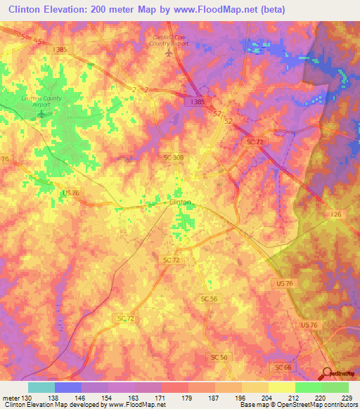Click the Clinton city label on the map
181,202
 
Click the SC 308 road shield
172,157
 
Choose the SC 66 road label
281,368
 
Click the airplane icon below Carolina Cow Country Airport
167,53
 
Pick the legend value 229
347,397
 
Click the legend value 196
240,397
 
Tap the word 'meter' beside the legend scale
11,397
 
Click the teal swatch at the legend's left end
41,387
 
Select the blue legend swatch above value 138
68,387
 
